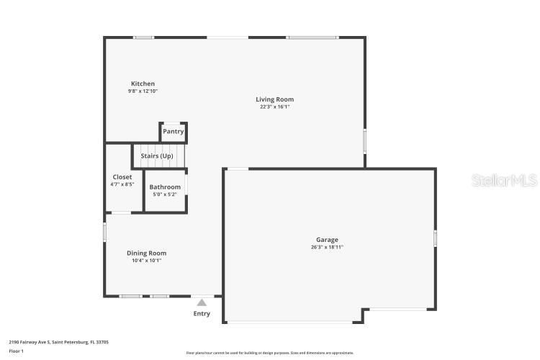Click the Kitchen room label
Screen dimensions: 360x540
tap(143, 84)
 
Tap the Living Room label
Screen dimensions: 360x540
tap(274, 99)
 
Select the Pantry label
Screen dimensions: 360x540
tap(173, 131)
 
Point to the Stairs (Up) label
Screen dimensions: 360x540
tap(157, 156)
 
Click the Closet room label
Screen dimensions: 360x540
tap(122, 177)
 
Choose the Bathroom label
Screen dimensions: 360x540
tap(165, 187)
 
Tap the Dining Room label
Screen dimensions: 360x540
tap(146, 253)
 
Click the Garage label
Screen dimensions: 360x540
tap(327, 240)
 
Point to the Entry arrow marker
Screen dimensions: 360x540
tap(202, 302)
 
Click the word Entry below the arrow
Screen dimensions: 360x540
tap(202, 313)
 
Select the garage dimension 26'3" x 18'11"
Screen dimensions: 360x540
tap(327, 248)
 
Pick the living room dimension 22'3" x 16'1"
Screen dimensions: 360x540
tap(274, 107)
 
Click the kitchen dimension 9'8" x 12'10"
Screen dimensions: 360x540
tap(143, 91)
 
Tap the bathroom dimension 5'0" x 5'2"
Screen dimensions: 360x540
tap(165, 194)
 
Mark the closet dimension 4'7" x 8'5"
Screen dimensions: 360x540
tap(122, 184)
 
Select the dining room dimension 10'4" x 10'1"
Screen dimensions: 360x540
tap(146, 261)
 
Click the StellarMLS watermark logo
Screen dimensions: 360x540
tap(504, 180)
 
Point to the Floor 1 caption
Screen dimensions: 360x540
tap(17, 351)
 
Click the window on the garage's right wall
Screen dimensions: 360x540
tap(435, 238)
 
